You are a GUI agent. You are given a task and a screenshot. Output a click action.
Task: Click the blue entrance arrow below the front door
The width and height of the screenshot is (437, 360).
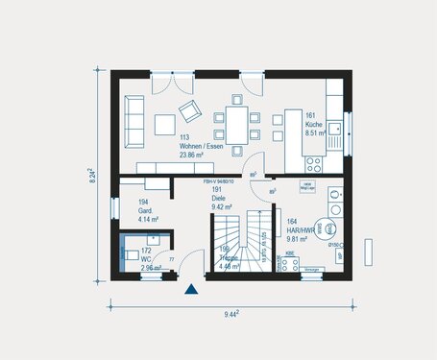tap(191, 287)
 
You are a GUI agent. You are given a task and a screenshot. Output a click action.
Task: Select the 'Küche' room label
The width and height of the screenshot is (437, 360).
tap(314, 126)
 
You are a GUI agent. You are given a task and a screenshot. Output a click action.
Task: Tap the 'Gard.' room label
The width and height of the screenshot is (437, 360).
tap(146, 211)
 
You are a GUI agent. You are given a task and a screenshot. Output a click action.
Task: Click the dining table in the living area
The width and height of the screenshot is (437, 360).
tap(233, 122)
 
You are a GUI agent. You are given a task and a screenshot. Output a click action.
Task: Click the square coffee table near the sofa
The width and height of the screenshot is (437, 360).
tap(165, 123)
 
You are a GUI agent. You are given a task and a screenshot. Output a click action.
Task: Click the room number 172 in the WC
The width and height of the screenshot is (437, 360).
tap(146, 250)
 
